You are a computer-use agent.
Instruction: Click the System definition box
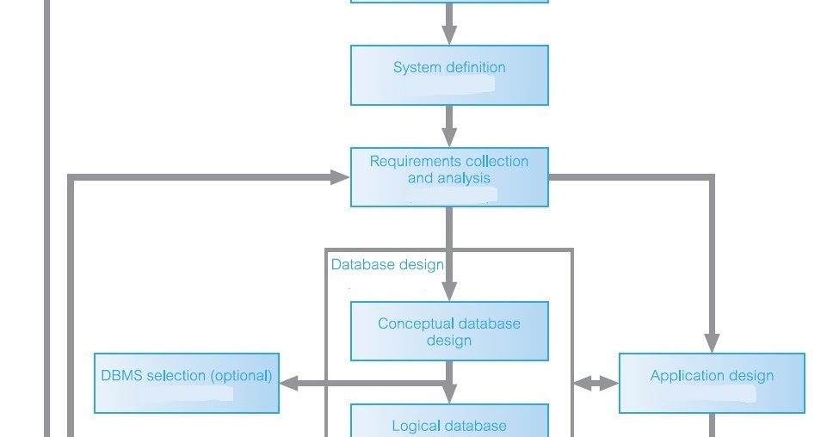[x=449, y=76]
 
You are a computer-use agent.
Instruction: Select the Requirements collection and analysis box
[x=449, y=177]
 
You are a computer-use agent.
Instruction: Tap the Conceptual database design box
[x=449, y=331]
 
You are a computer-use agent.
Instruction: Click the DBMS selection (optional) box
[x=187, y=384]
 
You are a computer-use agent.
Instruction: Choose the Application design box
[x=712, y=384]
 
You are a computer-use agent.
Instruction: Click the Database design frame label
[x=387, y=264]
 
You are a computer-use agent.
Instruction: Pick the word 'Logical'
[x=416, y=426]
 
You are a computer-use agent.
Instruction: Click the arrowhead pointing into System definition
[x=449, y=35]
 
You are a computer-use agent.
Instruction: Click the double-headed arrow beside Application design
[x=595, y=384]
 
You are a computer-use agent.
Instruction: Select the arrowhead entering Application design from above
[x=712, y=343]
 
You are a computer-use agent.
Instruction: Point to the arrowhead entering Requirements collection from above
[x=449, y=138]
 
